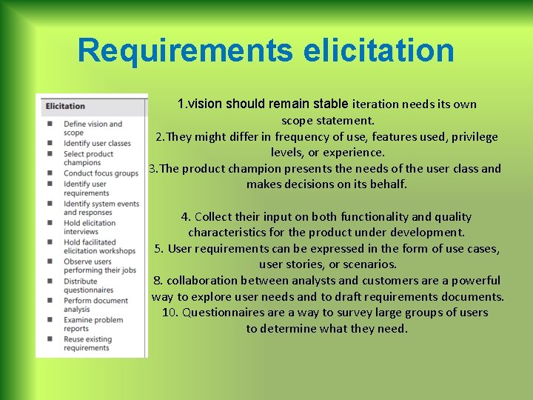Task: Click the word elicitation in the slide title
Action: click(x=378, y=50)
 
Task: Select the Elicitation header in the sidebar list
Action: click(x=65, y=106)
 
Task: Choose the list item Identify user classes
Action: click(x=97, y=144)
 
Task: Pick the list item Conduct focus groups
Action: click(x=101, y=173)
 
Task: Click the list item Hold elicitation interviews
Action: click(x=90, y=227)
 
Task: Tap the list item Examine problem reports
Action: click(x=93, y=324)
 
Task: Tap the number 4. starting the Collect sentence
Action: click(x=187, y=217)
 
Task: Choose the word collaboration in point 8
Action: click(x=205, y=281)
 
